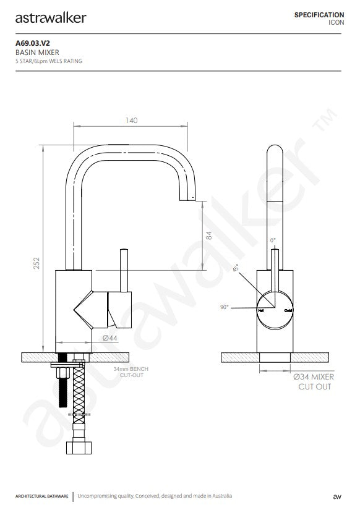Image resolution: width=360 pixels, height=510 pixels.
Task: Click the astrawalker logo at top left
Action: [51, 17]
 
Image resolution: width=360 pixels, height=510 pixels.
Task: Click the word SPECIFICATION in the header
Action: [319, 14]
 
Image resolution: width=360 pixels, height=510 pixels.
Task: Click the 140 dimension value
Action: [131, 121]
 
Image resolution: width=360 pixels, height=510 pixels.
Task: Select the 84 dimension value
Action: [208, 236]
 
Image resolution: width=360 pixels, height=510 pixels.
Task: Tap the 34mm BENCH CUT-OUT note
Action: [131, 372]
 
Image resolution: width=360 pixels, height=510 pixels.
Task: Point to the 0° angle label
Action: [273, 239]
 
